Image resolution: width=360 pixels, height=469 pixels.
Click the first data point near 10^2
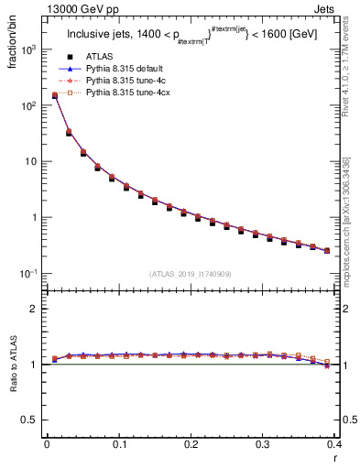[x=54, y=95]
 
